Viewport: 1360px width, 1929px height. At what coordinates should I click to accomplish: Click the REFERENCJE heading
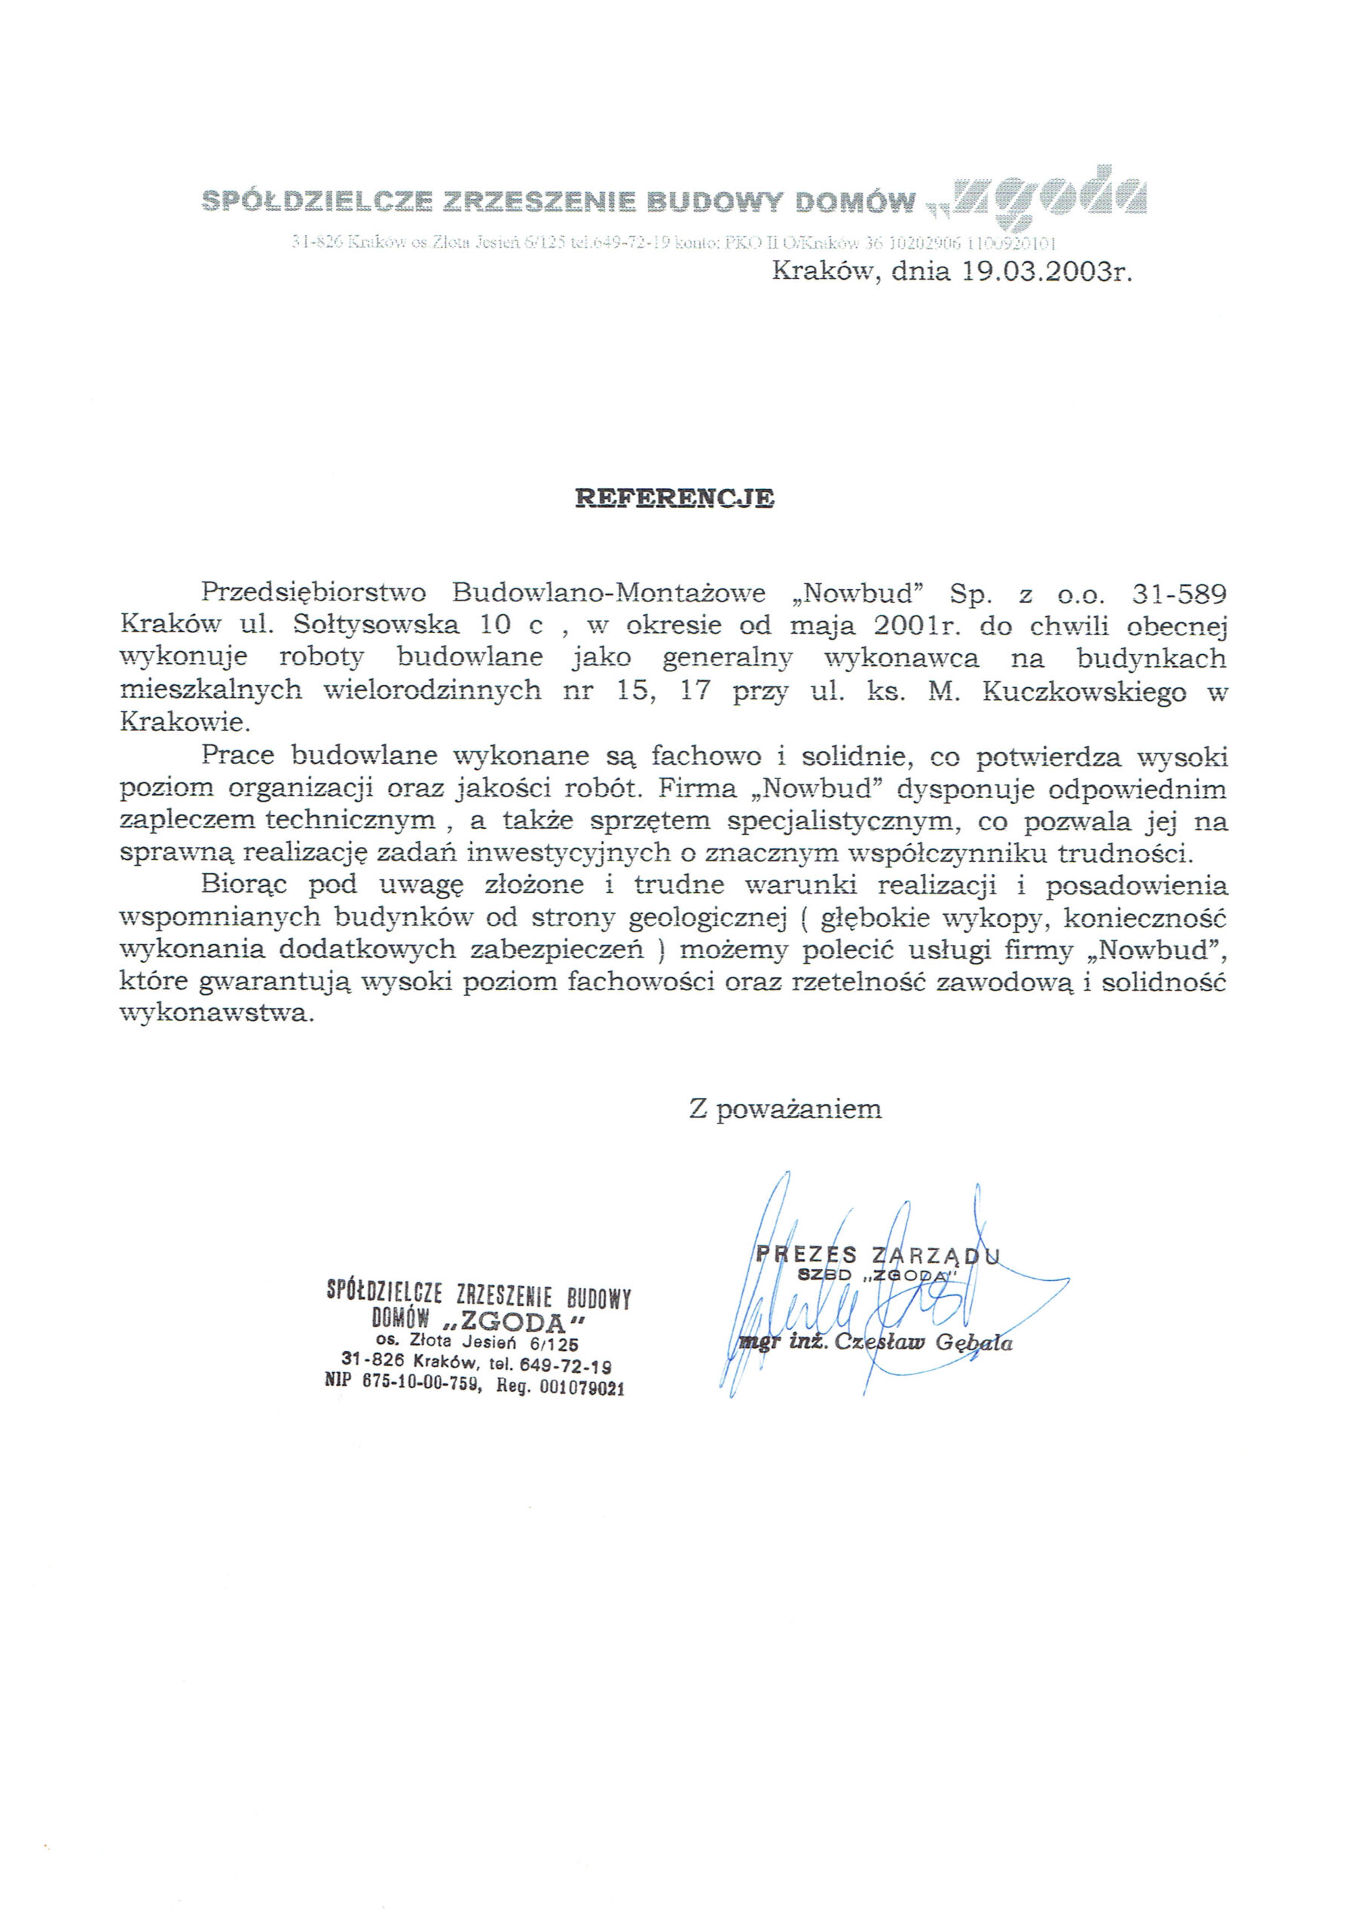pyautogui.click(x=674, y=498)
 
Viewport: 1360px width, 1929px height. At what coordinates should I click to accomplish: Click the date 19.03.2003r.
pyautogui.click(x=1044, y=272)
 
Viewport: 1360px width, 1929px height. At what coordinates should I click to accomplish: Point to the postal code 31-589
pyautogui.click(x=1178, y=594)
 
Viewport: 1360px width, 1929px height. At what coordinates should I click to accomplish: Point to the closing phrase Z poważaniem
pyautogui.click(x=784, y=1109)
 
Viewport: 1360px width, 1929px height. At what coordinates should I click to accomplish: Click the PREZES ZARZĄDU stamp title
pyautogui.click(x=878, y=1255)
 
